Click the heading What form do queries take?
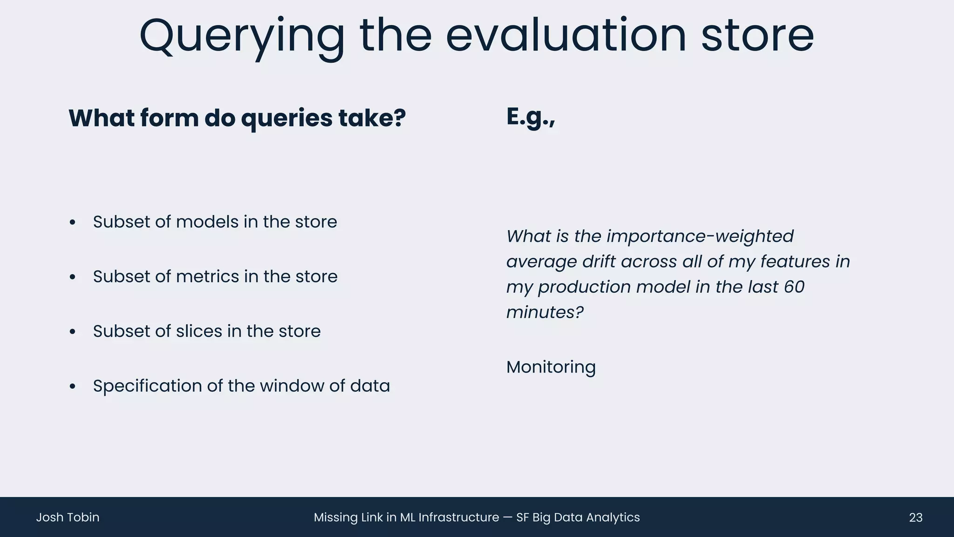[x=237, y=118]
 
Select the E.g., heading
[x=530, y=117]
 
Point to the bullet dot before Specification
[x=72, y=386]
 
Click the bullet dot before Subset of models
[x=72, y=222]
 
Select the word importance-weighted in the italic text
[x=700, y=236]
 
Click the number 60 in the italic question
[x=794, y=287]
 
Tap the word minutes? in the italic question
[x=545, y=312]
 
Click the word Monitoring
[x=551, y=367]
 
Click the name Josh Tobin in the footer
[x=68, y=517]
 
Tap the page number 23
[x=915, y=517]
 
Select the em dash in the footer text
[x=507, y=517]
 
